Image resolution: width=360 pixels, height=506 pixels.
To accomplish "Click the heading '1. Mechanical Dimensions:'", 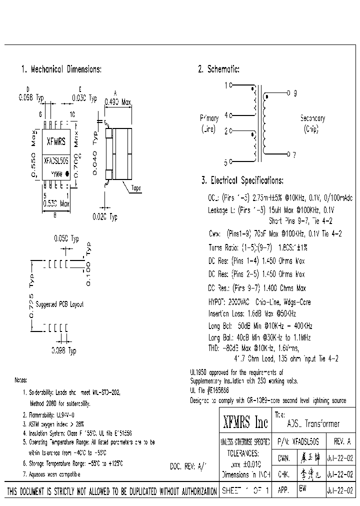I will [x=61, y=69].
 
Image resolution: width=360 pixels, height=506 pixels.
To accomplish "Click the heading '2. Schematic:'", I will [x=218, y=69].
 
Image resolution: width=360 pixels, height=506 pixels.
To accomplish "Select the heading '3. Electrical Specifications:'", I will [x=242, y=180].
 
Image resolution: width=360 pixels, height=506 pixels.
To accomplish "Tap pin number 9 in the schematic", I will [x=295, y=93].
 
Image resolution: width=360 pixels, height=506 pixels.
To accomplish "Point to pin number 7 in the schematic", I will [x=294, y=155].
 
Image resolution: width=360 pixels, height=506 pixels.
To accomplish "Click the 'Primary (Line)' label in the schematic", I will [x=209, y=123].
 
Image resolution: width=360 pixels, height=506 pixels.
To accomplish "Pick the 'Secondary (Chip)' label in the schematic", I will [x=312, y=123].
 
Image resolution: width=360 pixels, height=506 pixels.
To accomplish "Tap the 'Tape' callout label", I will [x=135, y=188].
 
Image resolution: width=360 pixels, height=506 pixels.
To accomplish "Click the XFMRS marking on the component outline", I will [x=55, y=141].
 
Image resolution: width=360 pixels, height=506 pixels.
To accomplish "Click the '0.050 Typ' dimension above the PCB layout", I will [x=66, y=239].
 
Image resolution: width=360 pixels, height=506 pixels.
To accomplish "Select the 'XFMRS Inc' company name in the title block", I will [x=244, y=423].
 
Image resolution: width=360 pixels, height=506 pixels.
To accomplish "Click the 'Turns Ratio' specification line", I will [x=257, y=247].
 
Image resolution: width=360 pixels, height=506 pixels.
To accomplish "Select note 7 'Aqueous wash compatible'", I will [x=52, y=473].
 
